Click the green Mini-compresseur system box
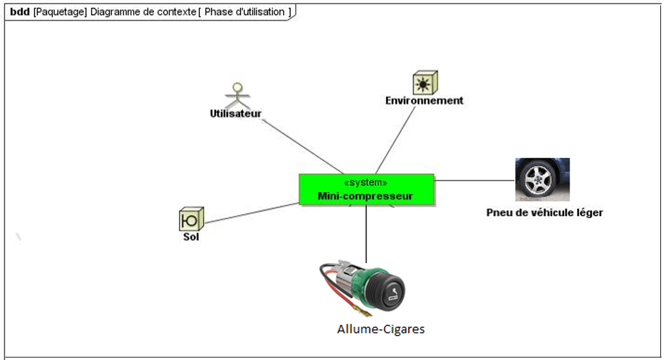[366, 189]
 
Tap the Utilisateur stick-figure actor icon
[237, 95]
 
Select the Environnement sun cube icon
[425, 82]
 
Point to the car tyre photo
[542, 179]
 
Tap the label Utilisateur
[236, 114]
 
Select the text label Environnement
[424, 100]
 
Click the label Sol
[191, 237]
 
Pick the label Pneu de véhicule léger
[544, 212]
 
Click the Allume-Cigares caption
[380, 329]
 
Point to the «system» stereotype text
[366, 182]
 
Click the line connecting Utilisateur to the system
[301, 145]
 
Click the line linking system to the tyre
[474, 180]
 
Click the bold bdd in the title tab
[19, 12]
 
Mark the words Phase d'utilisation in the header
[244, 12]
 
